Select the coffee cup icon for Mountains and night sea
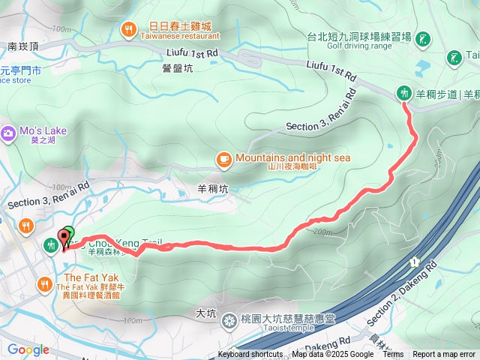coord(223,158)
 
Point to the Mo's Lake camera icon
coord(8,133)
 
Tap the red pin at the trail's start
coord(64,238)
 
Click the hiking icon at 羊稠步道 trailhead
coord(404,92)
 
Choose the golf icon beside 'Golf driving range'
coord(423,38)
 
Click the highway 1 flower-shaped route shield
coord(413,261)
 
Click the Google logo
coord(28,349)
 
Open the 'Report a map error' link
coord(443,355)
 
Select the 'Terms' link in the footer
coord(393,355)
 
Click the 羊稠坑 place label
coord(212,189)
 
